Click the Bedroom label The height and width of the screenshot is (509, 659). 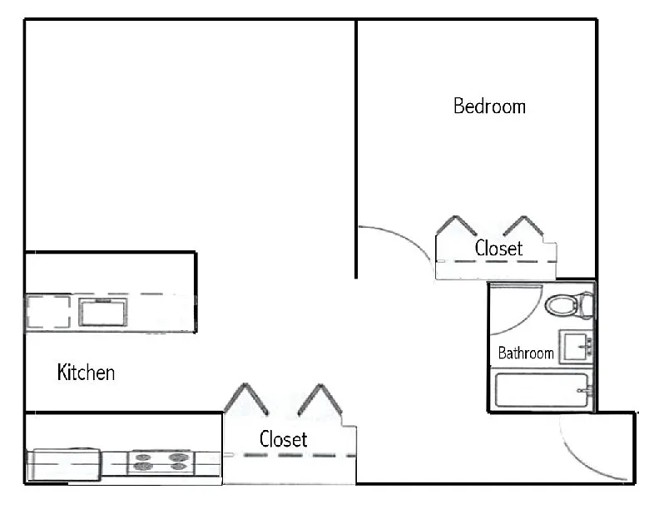[489, 106]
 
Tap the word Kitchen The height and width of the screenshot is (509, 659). [86, 372]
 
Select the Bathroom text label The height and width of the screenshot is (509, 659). [525, 353]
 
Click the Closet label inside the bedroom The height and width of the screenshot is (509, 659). [498, 248]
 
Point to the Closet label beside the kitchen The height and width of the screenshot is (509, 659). [283, 438]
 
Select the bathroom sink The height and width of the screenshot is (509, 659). [576, 346]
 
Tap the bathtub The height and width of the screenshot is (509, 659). [543, 391]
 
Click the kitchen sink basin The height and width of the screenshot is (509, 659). [103, 311]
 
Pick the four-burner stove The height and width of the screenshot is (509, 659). [157, 462]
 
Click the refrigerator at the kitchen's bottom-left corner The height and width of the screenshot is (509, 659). [63, 464]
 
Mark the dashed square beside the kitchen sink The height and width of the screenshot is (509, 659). [48, 312]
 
